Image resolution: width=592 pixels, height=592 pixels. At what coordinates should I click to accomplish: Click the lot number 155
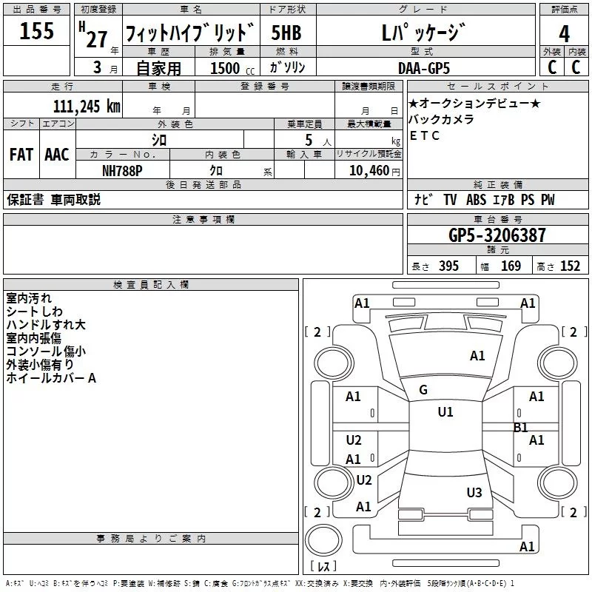click(37, 32)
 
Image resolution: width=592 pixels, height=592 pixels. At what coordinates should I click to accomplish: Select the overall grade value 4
click(565, 33)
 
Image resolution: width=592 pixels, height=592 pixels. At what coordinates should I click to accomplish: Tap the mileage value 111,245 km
click(87, 107)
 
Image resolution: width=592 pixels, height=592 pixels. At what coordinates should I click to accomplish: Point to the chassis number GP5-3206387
click(497, 236)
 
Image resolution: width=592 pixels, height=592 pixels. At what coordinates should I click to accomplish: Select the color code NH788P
click(122, 170)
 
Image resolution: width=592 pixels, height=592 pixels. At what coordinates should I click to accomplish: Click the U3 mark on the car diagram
click(474, 493)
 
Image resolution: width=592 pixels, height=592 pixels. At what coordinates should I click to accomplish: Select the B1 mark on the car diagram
click(520, 428)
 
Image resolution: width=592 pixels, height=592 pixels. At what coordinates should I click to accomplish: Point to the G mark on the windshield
click(423, 390)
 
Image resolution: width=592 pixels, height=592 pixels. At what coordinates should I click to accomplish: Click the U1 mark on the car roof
click(445, 412)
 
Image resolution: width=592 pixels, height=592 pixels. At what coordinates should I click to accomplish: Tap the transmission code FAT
click(21, 155)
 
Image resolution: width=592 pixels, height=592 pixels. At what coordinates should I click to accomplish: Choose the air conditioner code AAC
click(57, 155)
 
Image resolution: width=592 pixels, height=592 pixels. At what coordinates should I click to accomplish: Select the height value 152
click(571, 266)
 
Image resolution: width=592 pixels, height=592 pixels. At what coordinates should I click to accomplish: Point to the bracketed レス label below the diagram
click(323, 568)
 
